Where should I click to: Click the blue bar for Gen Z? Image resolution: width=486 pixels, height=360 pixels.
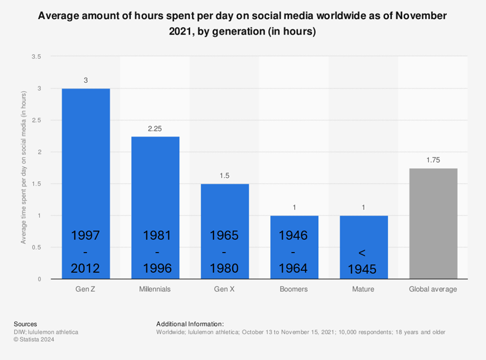click(x=86, y=155)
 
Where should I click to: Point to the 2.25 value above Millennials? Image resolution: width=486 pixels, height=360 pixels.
click(x=155, y=129)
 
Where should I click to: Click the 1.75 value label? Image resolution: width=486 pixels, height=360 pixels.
click(x=433, y=160)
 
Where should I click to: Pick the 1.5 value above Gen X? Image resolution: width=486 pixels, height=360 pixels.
click(x=225, y=176)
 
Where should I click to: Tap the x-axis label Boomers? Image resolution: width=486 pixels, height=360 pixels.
click(x=294, y=289)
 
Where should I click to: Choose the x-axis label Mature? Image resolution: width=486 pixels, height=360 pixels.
click(x=363, y=289)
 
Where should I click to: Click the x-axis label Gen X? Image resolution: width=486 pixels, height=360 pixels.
click(x=224, y=289)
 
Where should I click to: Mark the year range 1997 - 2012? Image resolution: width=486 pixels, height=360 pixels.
click(x=85, y=252)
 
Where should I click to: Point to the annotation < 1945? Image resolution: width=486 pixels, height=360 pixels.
click(x=363, y=261)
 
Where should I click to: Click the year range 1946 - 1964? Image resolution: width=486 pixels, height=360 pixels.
click(x=293, y=252)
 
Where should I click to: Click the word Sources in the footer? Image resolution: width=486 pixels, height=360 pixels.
click(x=25, y=324)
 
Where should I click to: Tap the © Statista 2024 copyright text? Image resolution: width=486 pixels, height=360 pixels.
click(x=34, y=339)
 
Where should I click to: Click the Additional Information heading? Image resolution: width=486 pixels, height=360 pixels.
click(x=190, y=324)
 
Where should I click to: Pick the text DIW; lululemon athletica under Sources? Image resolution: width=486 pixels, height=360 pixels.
click(x=47, y=332)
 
